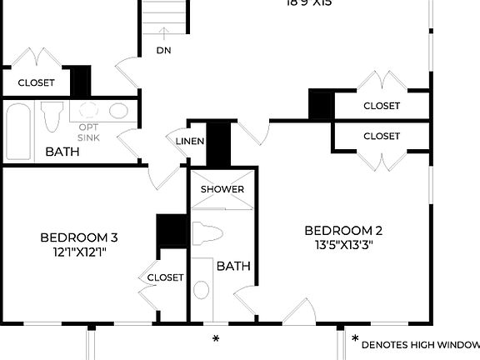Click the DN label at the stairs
tap(164, 50)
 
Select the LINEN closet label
tap(190, 141)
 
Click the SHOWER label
tap(222, 189)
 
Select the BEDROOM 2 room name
tap(343, 231)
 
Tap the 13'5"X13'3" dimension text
tap(343, 246)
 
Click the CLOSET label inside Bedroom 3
tap(165, 277)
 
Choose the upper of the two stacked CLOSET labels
tap(382, 106)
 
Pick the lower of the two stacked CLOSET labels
tap(382, 136)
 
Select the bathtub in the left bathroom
tap(17, 129)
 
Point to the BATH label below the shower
tap(233, 267)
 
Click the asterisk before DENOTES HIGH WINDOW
tap(355, 340)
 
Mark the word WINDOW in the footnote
tap(456, 343)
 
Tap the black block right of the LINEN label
tap(217, 142)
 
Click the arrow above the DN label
tap(164, 33)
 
